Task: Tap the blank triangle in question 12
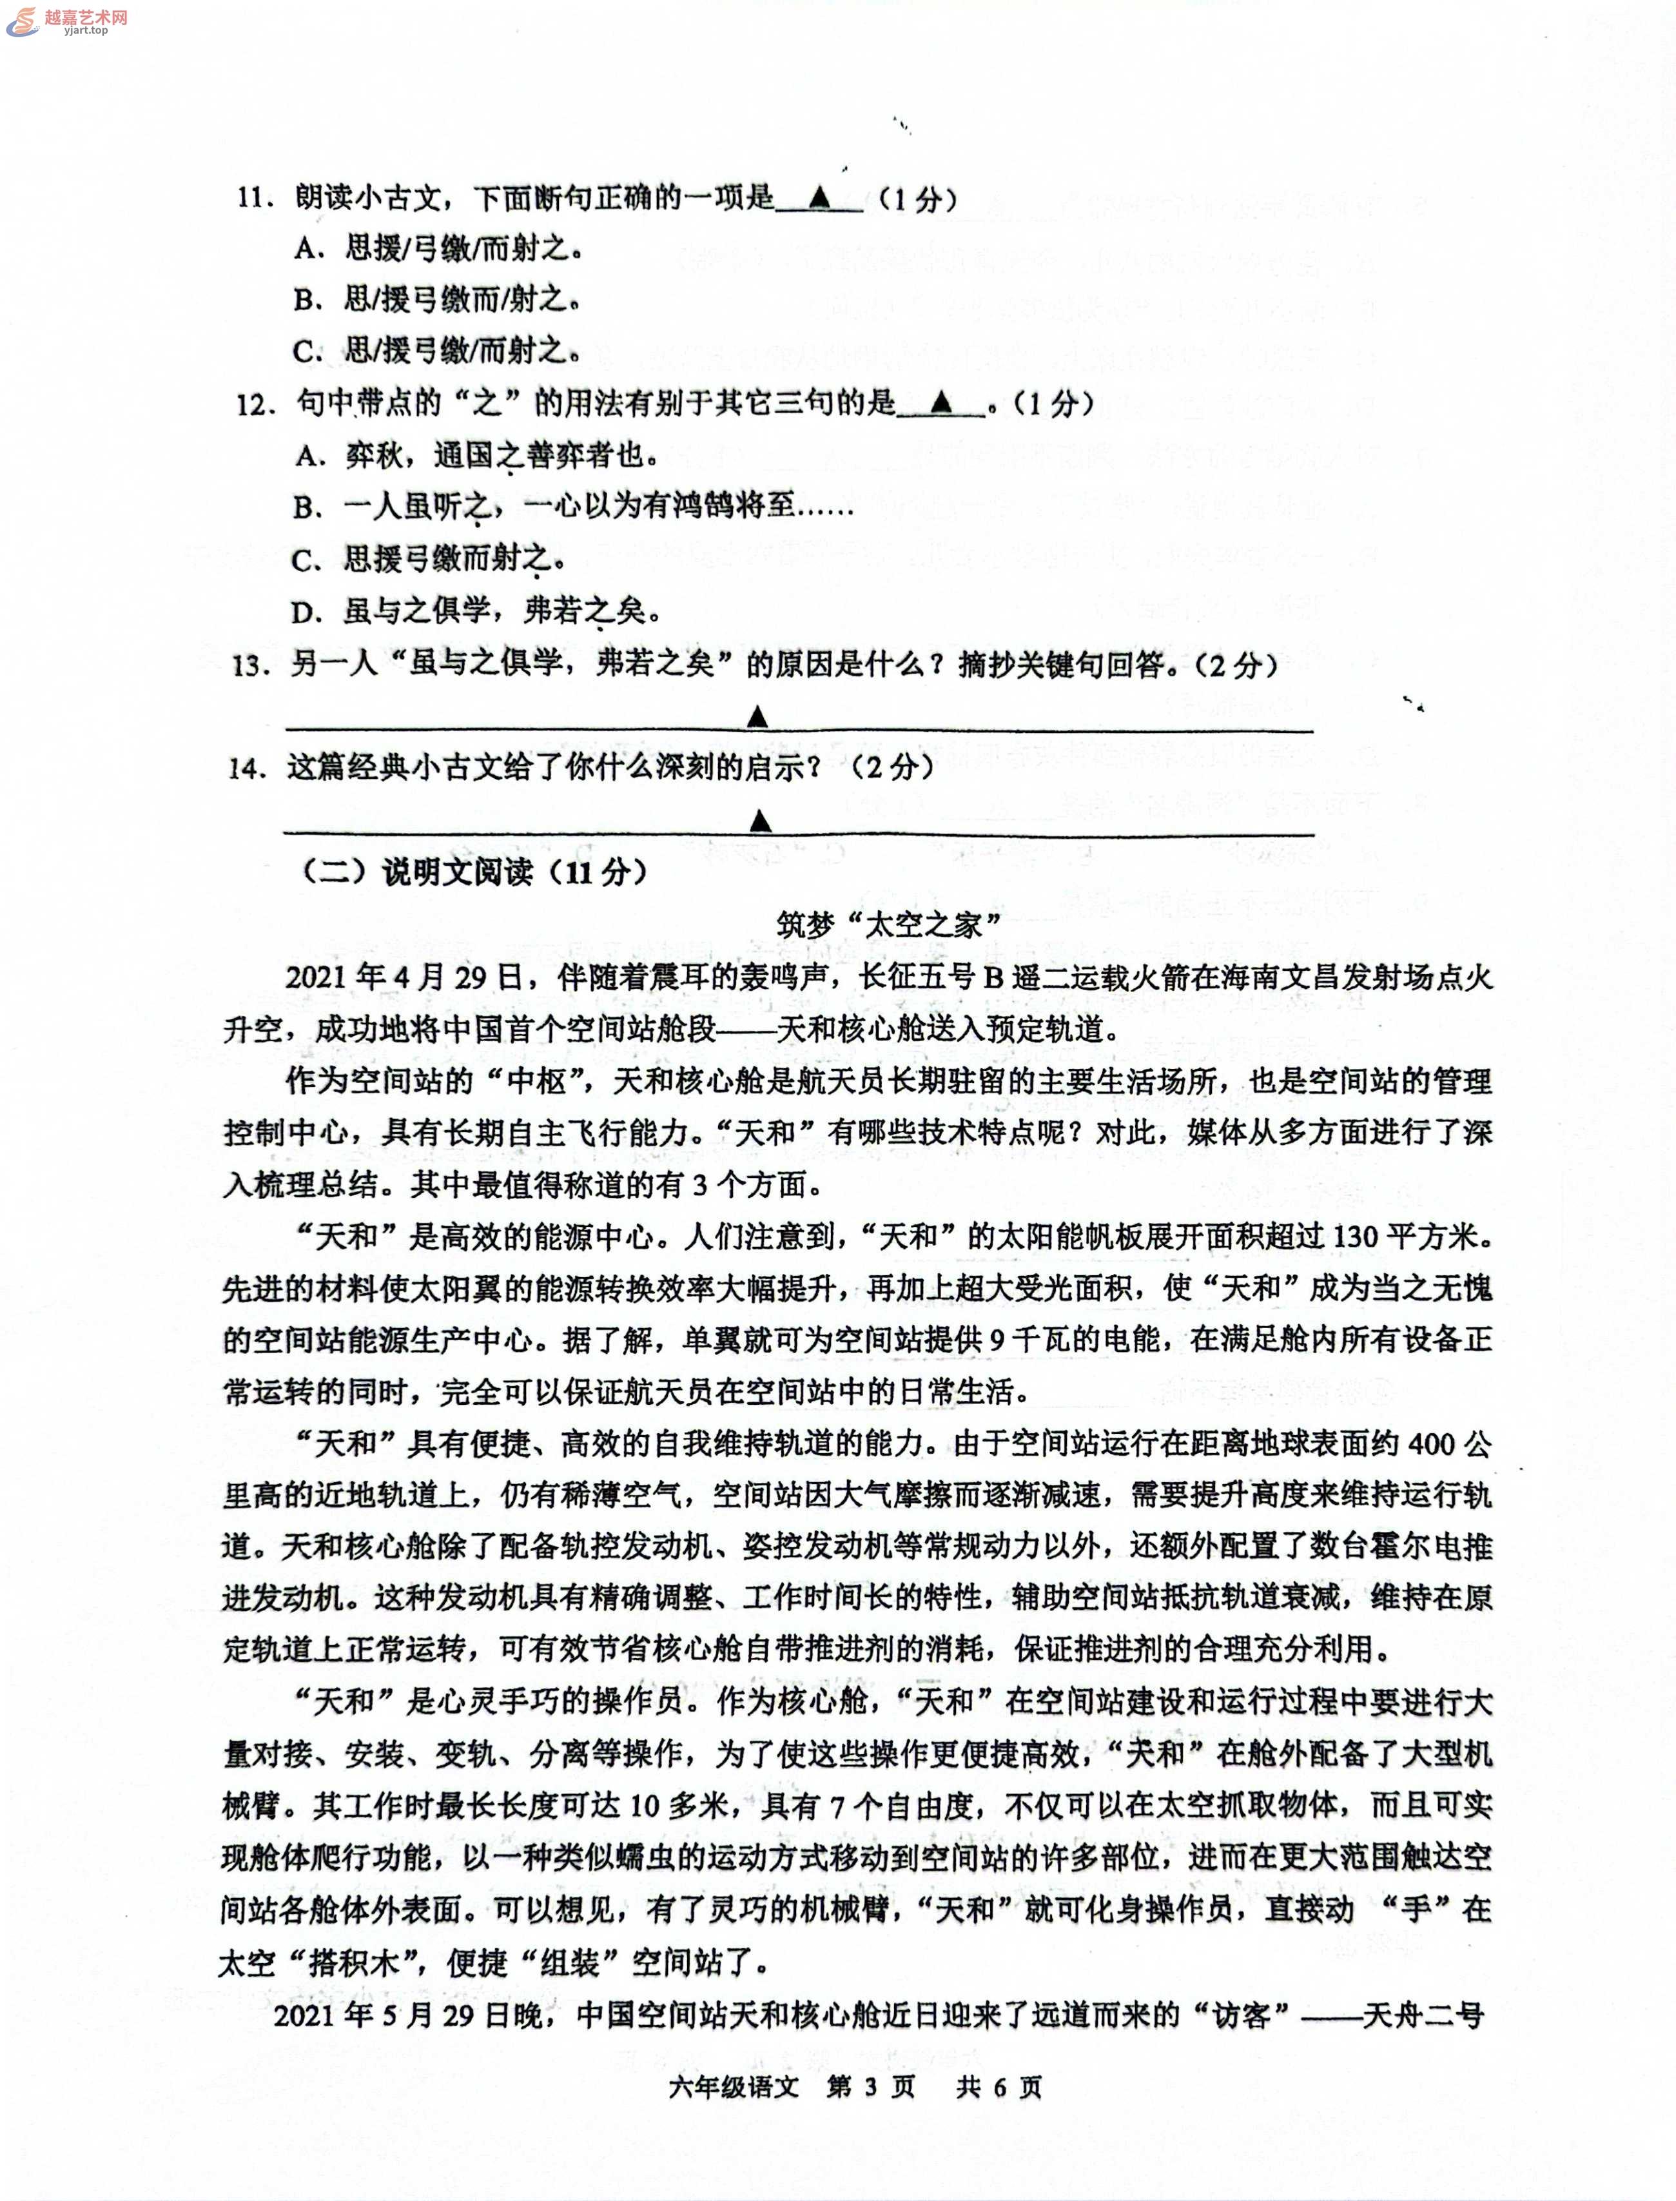(x=940, y=402)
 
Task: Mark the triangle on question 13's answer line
(x=757, y=716)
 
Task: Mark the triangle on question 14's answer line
(x=760, y=820)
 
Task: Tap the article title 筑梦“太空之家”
(x=888, y=925)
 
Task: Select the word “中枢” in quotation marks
(x=537, y=1081)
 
